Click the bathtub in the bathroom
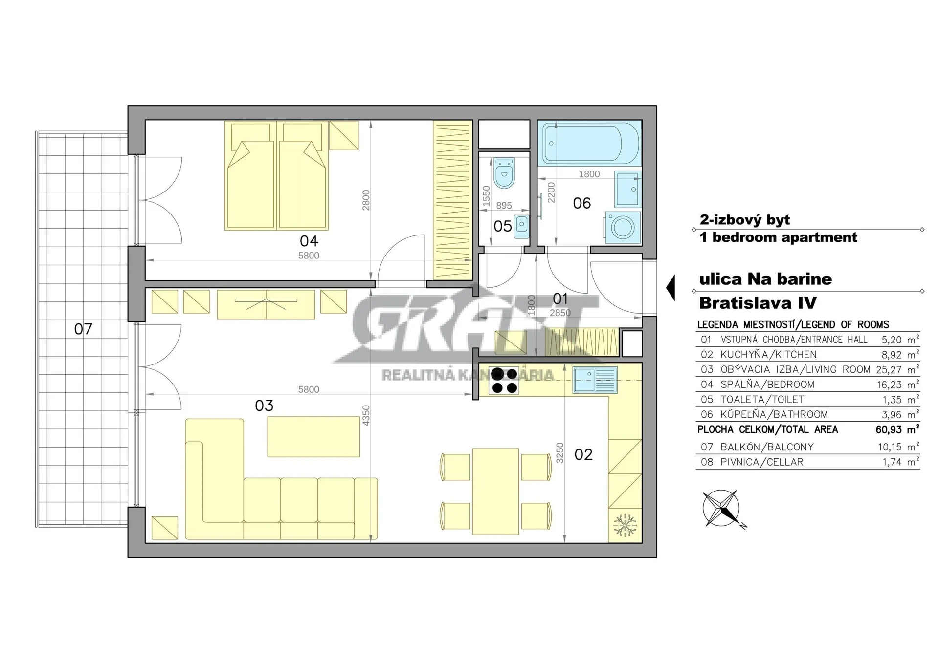(x=589, y=144)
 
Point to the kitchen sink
(x=595, y=380)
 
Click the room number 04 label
(x=309, y=241)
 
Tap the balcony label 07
(x=83, y=329)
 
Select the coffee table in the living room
(x=313, y=437)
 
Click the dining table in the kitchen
(x=495, y=492)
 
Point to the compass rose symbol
(x=722, y=509)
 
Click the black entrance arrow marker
(x=671, y=287)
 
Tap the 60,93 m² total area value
(x=897, y=429)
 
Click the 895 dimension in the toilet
(x=504, y=206)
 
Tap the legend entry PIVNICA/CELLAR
(x=761, y=462)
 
